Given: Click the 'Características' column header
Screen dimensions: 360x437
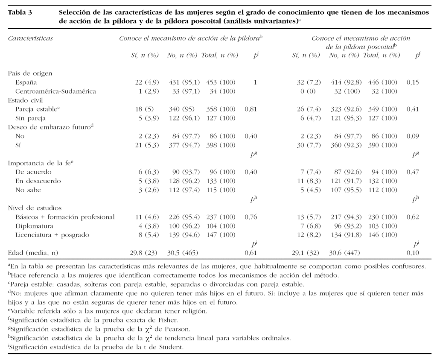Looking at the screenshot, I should pyautogui.click(x=30, y=38).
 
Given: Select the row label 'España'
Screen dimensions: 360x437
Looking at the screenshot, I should pyautogui.click(x=26, y=82).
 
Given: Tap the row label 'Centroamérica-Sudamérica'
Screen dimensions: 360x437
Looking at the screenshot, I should pyautogui.click(x=55, y=91).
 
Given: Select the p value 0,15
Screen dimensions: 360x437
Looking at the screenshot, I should pyautogui.click(x=412, y=82).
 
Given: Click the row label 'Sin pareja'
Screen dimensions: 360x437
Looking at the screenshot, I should pyautogui.click(x=30, y=118).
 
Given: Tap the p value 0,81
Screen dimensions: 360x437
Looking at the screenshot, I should pyautogui.click(x=251, y=109).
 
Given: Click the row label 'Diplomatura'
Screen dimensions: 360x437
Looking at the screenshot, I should pyautogui.click(x=34, y=226).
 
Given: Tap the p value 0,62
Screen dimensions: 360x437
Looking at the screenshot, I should pyautogui.click(x=412, y=217).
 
